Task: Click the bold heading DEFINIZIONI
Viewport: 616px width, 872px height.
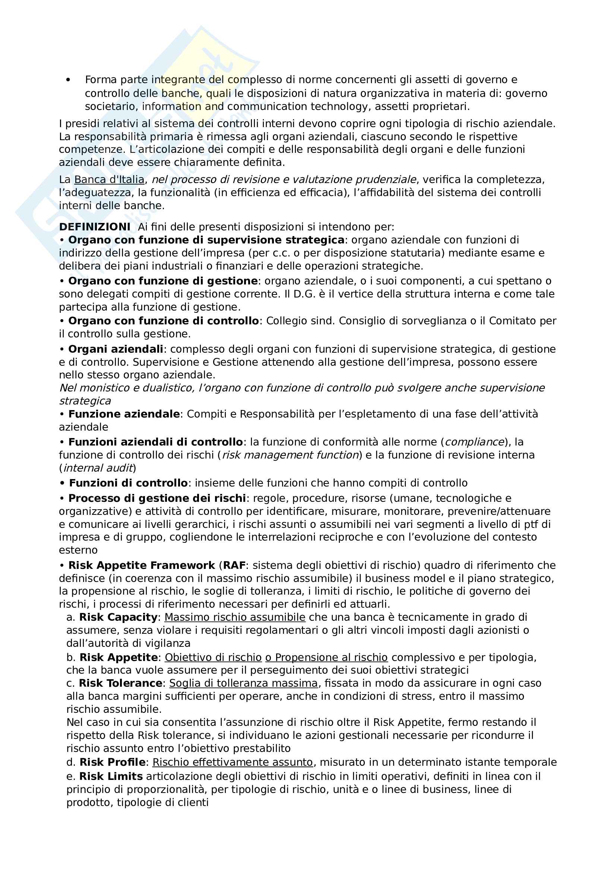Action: [95, 227]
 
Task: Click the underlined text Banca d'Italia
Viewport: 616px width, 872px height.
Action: [109, 179]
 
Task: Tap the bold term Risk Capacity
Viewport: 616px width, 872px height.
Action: [118, 617]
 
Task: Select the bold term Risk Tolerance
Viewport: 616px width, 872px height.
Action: [120, 683]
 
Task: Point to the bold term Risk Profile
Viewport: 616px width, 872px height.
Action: [112, 762]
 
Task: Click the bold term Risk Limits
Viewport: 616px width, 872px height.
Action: [111, 776]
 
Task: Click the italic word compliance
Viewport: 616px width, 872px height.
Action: [474, 442]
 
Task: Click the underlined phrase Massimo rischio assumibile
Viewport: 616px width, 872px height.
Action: [235, 617]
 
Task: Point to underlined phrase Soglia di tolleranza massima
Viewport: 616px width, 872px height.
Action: [243, 683]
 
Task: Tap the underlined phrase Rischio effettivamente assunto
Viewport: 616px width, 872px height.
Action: [233, 762]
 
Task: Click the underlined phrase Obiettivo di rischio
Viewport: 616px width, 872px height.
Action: [213, 657]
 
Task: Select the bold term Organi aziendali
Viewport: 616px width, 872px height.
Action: [116, 349]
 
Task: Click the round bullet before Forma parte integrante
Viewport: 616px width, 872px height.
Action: [68, 80]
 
